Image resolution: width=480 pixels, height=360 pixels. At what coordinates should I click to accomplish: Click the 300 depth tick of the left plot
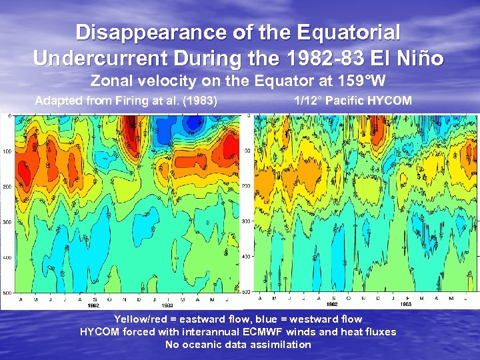[7, 221]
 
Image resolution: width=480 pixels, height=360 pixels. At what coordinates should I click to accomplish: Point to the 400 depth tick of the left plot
[7, 257]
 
